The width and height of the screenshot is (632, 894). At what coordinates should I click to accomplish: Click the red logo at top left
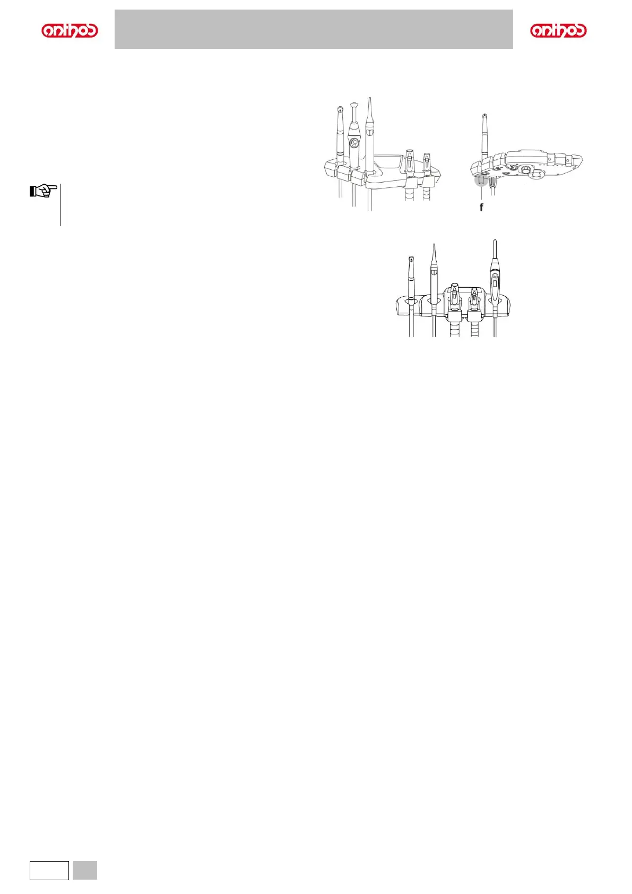click(x=70, y=31)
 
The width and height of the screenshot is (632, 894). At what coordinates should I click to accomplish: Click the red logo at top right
click(x=558, y=31)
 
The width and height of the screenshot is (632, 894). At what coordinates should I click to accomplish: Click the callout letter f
click(x=481, y=208)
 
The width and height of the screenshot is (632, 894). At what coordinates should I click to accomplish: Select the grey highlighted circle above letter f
click(x=481, y=180)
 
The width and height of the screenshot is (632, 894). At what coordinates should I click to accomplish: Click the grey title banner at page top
click(x=314, y=29)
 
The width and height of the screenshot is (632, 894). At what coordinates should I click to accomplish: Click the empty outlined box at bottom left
click(x=49, y=870)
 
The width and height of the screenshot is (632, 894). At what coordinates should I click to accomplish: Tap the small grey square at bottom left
click(x=85, y=870)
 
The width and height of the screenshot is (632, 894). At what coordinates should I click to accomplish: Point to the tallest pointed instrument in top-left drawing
click(x=370, y=133)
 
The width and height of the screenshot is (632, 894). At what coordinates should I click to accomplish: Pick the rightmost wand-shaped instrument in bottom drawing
click(x=495, y=276)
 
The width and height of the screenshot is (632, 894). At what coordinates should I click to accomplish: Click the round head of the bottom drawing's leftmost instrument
click(x=411, y=260)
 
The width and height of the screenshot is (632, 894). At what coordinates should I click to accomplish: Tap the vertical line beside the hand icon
click(x=60, y=204)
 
